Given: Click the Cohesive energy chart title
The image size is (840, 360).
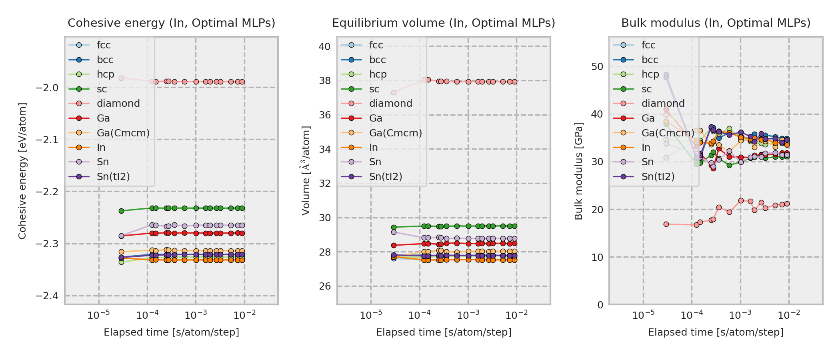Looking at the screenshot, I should pos(171,23).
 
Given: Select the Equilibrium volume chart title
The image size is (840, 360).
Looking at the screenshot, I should pos(444,23).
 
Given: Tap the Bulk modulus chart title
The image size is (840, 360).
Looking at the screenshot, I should pos(716,23).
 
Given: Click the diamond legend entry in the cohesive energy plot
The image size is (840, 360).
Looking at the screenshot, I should pos(118,104).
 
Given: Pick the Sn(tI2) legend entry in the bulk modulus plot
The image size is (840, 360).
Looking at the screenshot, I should pos(658,177).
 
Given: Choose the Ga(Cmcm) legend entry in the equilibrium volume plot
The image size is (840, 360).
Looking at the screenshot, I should pos(395,133).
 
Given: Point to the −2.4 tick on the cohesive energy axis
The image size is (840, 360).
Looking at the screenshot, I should pos(47,296).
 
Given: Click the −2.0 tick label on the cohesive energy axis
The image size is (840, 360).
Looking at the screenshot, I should pos(47,88).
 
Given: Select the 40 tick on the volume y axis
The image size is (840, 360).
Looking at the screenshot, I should pos(324,47).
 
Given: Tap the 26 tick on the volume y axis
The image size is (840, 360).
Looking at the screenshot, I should pos(324,286).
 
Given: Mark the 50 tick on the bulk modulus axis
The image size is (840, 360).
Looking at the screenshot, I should pos(597,67).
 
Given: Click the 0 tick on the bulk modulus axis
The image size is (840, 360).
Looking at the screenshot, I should pos(600,305).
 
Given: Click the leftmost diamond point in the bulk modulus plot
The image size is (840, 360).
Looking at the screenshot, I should pos(666,224).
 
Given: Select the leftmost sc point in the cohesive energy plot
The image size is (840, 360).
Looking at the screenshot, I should pos(122,211).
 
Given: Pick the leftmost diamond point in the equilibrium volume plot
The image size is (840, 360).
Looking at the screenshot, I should pos(394,92).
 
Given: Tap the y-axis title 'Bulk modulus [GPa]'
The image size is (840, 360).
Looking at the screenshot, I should pos(578,171).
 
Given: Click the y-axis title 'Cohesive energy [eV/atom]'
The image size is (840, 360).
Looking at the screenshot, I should pos(22,171).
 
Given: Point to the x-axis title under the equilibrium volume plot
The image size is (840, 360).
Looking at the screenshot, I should pos(444,332).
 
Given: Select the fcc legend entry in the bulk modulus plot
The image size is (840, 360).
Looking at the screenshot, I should pos(648,45).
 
